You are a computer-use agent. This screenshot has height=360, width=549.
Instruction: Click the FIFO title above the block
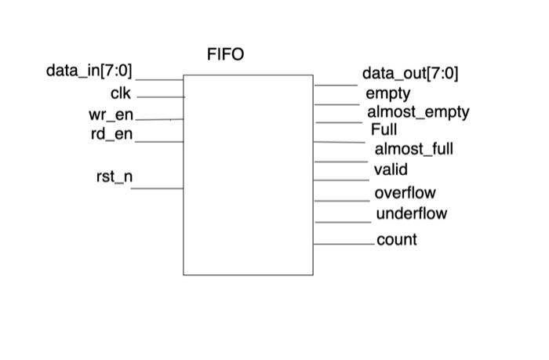tap(225, 55)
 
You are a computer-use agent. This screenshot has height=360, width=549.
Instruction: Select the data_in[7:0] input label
tap(89, 71)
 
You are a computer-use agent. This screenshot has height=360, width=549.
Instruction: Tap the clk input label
tap(121, 94)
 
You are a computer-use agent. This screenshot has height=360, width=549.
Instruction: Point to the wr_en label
tap(111, 115)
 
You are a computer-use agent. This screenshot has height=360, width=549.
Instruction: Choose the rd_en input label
tap(111, 135)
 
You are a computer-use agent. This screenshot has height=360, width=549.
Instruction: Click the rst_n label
tap(115, 177)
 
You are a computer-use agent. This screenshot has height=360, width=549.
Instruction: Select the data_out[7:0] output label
tap(410, 75)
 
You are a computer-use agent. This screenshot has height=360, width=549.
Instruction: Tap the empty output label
tap(387, 94)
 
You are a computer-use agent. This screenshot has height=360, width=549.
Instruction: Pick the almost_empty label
tap(418, 112)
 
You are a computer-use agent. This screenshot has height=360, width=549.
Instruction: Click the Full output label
tap(384, 129)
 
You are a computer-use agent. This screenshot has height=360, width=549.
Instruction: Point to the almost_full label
tap(413, 149)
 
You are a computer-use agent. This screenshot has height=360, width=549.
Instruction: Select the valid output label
tap(391, 169)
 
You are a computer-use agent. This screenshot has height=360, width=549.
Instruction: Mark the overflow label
tap(405, 193)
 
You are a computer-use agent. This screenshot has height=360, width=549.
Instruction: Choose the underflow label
tap(411, 213)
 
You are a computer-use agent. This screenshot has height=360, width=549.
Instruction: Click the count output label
tap(397, 240)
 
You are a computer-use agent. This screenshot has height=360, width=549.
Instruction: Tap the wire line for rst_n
tap(157, 188)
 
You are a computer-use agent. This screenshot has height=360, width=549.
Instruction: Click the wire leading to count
tap(344, 245)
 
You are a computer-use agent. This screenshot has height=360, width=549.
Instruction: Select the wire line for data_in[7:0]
tap(160, 79)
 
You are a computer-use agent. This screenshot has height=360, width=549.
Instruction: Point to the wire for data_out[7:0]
tap(336, 85)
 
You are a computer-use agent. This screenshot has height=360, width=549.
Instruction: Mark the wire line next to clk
tap(161, 96)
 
